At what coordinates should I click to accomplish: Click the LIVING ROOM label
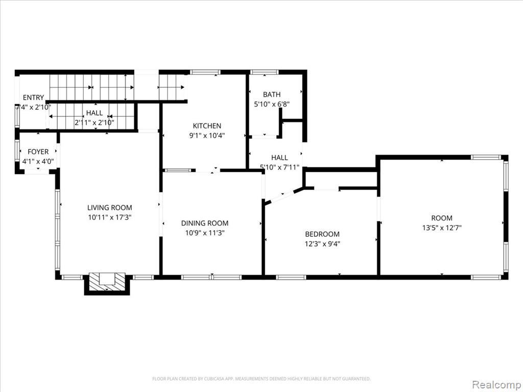coord(110,208)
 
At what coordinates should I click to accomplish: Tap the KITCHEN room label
coord(207,126)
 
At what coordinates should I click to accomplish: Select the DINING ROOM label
coord(205,223)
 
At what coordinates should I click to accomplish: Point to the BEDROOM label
coord(322,234)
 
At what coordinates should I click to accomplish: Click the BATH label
coord(272,94)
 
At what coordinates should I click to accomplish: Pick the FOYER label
coord(38,152)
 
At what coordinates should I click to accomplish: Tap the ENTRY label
coord(33,97)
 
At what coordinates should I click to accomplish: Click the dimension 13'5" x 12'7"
coord(442,228)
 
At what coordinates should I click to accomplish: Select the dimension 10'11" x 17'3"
coord(110,217)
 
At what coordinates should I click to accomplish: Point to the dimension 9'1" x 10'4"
coord(207,136)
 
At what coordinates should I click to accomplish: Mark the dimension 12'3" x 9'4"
coord(322,243)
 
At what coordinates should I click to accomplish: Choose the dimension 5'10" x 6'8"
coord(272,104)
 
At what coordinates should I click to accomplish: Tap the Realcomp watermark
coord(496,384)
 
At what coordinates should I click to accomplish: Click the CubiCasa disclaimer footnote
coord(261,379)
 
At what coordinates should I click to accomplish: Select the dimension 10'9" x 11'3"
coord(205,233)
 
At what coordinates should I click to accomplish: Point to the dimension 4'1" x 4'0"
coord(38,162)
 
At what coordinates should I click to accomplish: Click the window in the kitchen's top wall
coord(205,71)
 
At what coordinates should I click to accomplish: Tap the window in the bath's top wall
coord(264,71)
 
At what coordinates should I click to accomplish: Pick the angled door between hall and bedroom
coord(283,197)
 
